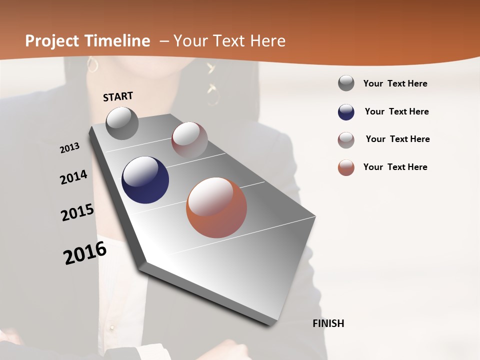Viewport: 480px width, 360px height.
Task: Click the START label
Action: tap(118, 96)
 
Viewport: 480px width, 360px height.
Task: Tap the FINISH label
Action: tap(328, 323)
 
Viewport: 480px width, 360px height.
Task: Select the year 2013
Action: tap(69, 148)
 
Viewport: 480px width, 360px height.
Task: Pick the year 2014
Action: tap(73, 177)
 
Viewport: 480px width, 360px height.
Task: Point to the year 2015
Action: tap(77, 212)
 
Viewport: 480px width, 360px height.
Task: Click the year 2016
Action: tap(85, 253)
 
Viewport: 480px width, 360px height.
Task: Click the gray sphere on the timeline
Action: tap(122, 123)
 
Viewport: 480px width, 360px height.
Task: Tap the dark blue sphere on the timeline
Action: tap(145, 180)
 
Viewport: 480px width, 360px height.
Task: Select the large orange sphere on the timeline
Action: tap(216, 207)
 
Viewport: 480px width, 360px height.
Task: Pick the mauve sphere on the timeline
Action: tap(189, 140)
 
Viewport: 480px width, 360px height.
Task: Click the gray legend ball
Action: tap(346, 83)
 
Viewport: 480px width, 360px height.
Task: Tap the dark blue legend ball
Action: tap(346, 112)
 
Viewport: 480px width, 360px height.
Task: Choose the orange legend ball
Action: tap(346, 167)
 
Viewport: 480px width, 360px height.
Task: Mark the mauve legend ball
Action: tap(346, 140)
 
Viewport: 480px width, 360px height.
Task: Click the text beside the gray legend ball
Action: tap(395, 83)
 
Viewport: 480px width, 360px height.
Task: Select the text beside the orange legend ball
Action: tap(395, 167)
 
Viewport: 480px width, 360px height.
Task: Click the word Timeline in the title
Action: tap(117, 41)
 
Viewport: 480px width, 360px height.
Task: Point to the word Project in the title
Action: tap(52, 41)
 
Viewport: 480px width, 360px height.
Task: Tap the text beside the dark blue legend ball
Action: tap(396, 111)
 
